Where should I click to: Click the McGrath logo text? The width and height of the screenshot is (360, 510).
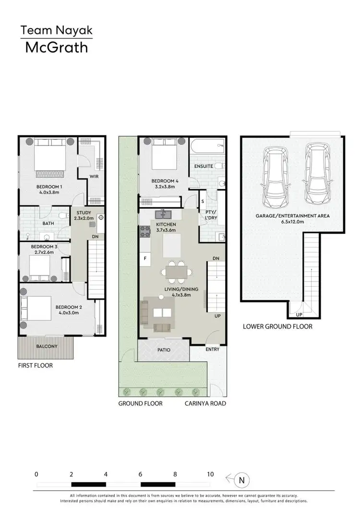point(56,48)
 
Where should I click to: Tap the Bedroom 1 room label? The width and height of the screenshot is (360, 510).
point(49,186)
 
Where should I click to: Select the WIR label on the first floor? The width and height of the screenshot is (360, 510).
point(94,177)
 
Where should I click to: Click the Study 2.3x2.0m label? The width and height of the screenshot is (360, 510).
point(84,215)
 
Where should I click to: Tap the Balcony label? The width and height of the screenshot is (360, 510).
point(47,346)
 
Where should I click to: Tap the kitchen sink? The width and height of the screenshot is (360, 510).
point(163,214)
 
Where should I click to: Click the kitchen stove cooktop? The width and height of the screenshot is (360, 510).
point(144,233)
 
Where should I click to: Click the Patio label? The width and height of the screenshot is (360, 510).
point(164,350)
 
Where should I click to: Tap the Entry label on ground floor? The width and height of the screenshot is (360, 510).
point(212,349)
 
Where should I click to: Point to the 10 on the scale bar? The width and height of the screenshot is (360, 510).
point(210,474)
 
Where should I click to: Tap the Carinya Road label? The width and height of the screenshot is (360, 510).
point(205,403)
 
